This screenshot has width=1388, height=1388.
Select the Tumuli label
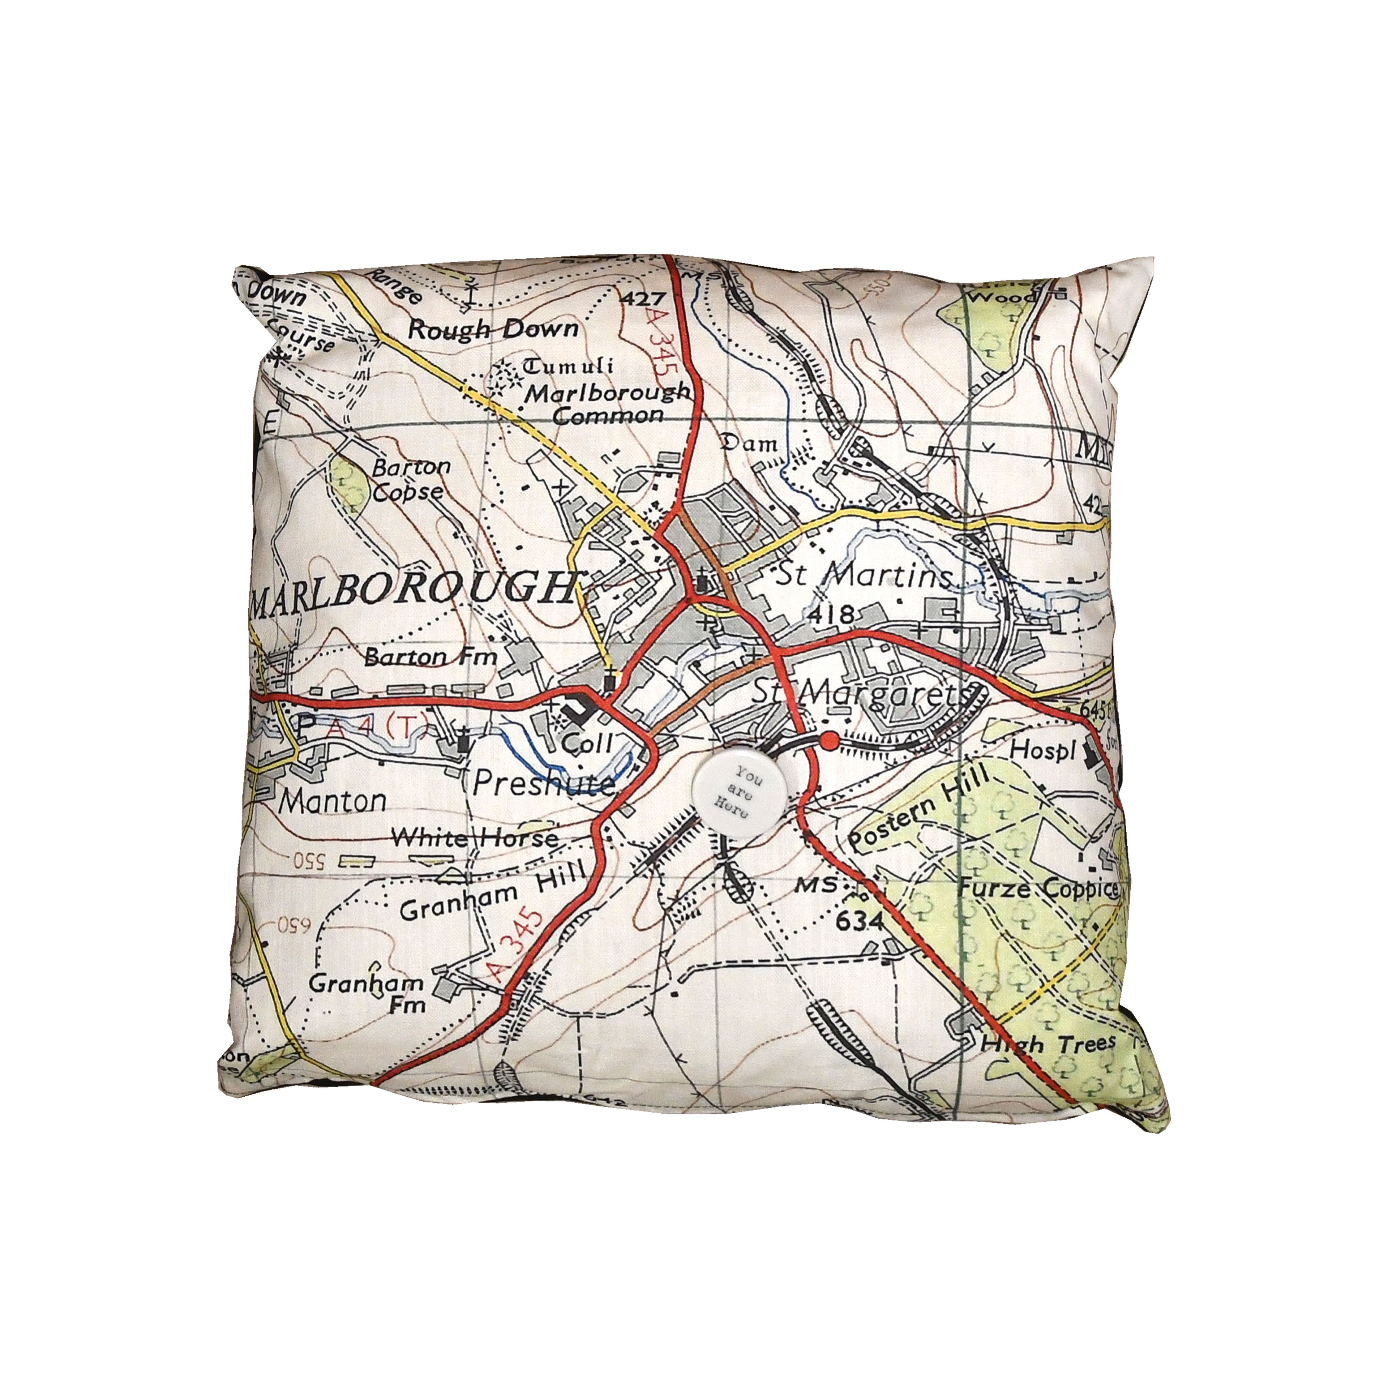(567, 367)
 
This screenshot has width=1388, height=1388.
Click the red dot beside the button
(829, 741)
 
